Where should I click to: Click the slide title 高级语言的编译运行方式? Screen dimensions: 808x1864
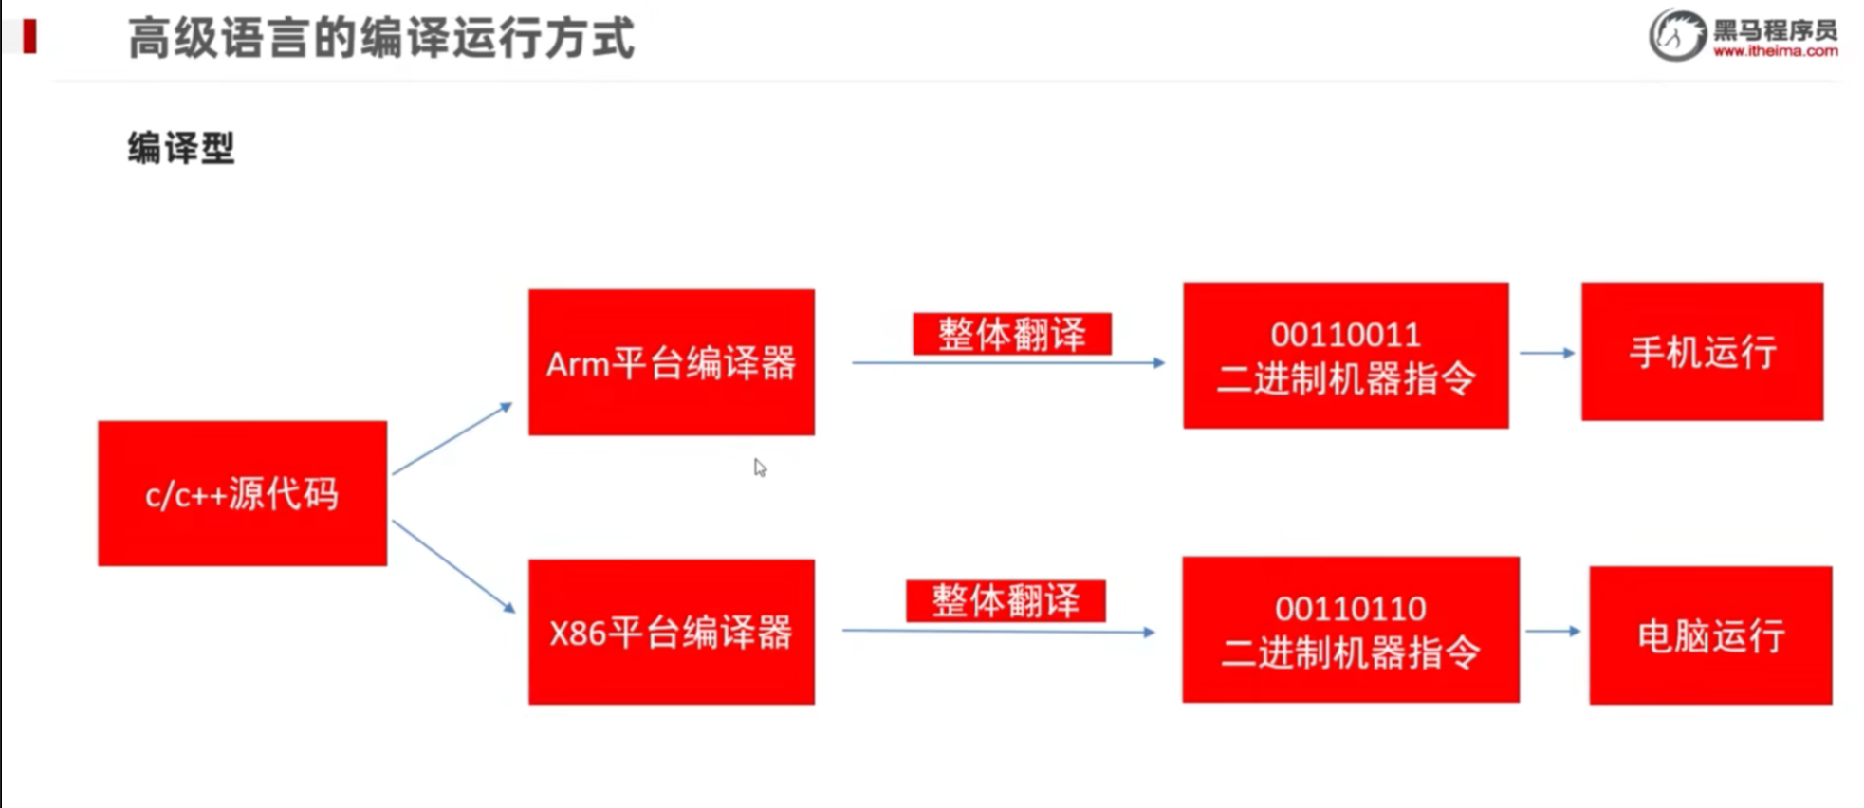coord(380,39)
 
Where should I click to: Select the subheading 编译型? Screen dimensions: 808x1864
coord(180,148)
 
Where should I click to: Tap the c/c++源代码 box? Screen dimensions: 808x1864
coord(242,493)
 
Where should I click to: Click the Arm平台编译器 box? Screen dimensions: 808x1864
coord(671,362)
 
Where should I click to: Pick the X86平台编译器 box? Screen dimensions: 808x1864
coord(671,632)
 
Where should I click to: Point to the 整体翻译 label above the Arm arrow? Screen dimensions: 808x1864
coord(1011,334)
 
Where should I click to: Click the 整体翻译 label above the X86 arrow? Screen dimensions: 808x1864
coord(1006,601)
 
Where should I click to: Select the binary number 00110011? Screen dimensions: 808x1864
coord(1345,335)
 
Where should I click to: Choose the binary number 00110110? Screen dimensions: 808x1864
coord(1350,608)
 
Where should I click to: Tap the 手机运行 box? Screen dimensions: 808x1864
coord(1702,352)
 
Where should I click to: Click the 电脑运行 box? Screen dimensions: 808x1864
coord(1710,635)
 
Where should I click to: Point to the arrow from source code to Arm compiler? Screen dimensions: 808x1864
coord(452,438)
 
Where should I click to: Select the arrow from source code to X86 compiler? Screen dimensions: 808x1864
coord(453,566)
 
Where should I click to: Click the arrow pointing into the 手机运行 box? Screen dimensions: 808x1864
coord(1546,353)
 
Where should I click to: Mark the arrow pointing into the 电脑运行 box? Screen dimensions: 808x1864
coord(1553,631)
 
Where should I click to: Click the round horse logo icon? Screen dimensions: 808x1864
coord(1677,35)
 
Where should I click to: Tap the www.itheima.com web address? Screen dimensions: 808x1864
coord(1775,51)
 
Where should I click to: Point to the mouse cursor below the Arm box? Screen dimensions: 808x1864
coord(760,468)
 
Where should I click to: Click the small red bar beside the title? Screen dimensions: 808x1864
coord(29,37)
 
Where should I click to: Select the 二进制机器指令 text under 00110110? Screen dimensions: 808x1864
coord(1350,652)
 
